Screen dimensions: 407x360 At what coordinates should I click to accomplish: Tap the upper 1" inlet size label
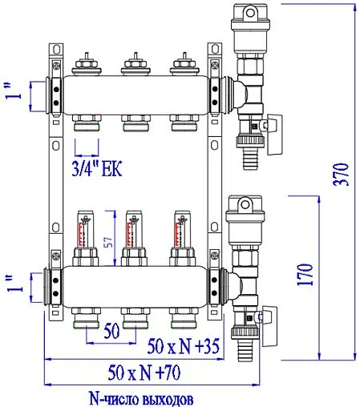tap(10, 95)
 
